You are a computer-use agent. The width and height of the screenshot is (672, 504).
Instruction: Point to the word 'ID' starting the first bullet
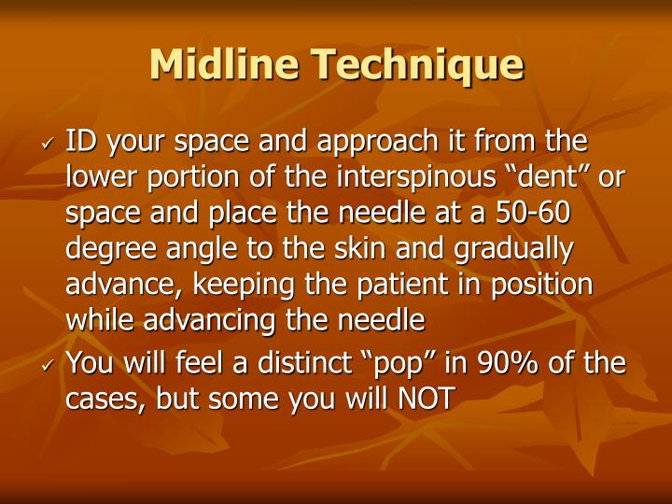pyautogui.click(x=78, y=142)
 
